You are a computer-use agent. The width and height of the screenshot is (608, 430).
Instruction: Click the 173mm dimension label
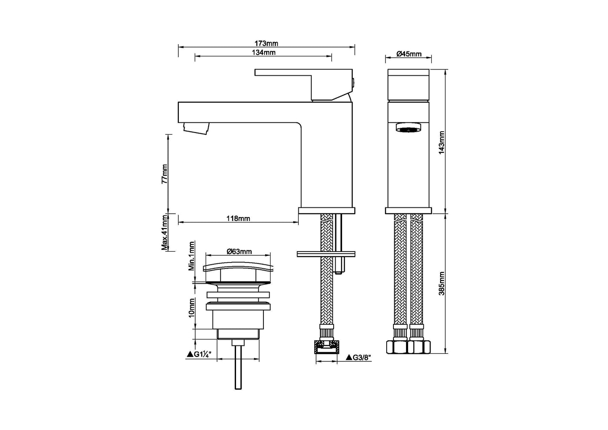[266, 43]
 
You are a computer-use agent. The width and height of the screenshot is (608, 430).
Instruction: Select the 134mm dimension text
[263, 53]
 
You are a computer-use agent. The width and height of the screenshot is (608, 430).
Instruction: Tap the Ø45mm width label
[409, 54]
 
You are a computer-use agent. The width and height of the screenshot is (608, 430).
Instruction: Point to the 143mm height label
[442, 143]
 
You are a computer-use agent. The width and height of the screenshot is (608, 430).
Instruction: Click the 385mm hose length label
[442, 284]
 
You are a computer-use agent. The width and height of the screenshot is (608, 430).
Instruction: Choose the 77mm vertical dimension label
[165, 174]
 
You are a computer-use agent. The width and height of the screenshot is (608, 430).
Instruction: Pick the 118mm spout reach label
[238, 218]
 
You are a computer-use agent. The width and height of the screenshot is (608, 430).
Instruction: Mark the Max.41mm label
[165, 232]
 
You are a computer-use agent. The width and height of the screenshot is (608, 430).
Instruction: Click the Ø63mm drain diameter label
[239, 252]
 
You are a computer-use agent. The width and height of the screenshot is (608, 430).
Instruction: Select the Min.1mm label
[191, 256]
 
